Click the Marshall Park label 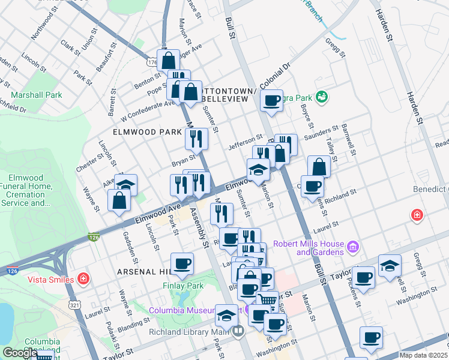coord(36,95)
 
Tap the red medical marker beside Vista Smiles coord(83,279)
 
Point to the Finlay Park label coord(180,286)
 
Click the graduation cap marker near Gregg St coord(390,266)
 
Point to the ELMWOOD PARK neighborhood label coord(146,131)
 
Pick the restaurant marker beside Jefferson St coord(196,139)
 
